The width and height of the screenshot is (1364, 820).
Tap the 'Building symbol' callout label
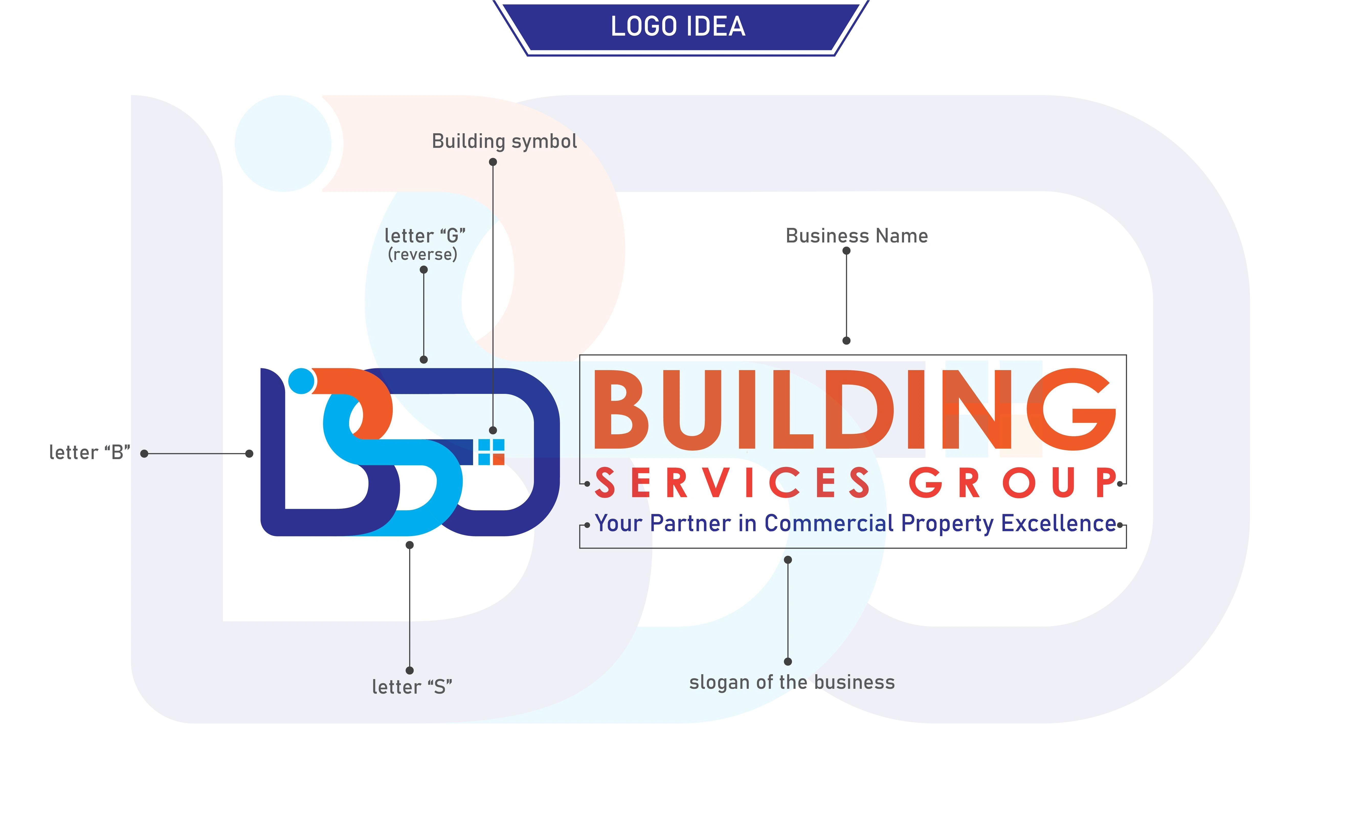pyautogui.click(x=504, y=141)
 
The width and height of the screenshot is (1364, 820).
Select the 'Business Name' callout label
pyautogui.click(x=857, y=236)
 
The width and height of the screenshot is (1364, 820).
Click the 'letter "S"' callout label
pyautogui.click(x=412, y=687)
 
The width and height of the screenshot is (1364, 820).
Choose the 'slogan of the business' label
pyautogui.click(x=792, y=682)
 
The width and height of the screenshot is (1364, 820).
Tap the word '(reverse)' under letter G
pyautogui.click(x=423, y=254)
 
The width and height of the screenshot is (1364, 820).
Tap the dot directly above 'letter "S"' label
pyautogui.click(x=409, y=670)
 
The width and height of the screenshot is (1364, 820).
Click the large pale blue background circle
pyautogui.click(x=283, y=143)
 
